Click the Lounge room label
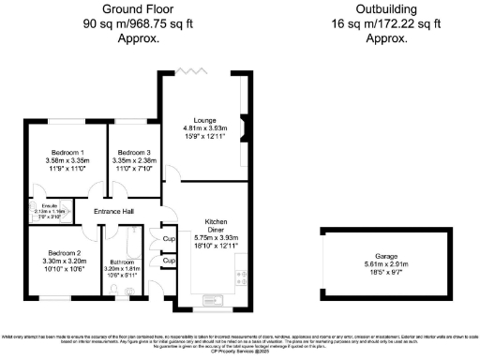click(205, 120)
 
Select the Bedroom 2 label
click(65, 253)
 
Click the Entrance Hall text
click(115, 211)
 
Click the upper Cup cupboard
click(169, 239)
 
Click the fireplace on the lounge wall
click(246, 124)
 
